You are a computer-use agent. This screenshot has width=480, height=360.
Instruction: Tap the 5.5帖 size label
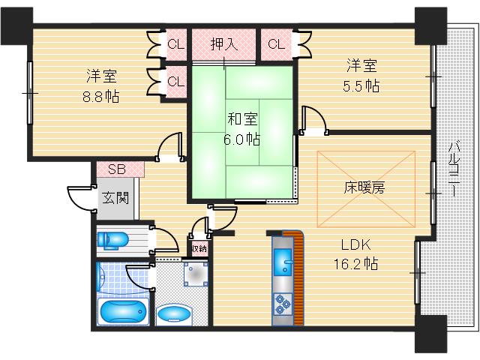pyautogui.click(x=361, y=85)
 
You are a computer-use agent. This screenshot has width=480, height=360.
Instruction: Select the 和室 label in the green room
pyautogui.click(x=241, y=118)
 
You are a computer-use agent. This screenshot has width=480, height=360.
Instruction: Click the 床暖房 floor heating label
pyautogui.click(x=365, y=188)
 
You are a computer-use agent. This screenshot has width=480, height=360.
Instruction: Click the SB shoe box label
pyautogui.click(x=117, y=169)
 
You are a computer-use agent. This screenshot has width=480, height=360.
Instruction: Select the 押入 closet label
pyautogui.click(x=223, y=43)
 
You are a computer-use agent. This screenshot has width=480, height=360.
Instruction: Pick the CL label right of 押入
pyautogui.click(x=276, y=43)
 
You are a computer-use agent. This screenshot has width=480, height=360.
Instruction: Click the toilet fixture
pyautogui.click(x=112, y=239)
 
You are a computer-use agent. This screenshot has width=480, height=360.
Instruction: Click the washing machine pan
pyautogui.click(x=184, y=277)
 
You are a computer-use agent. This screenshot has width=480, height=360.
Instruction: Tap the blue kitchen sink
pyautogui.click(x=284, y=262)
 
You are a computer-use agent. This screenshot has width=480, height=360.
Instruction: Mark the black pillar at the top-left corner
pyautogui.click(x=16, y=22)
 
